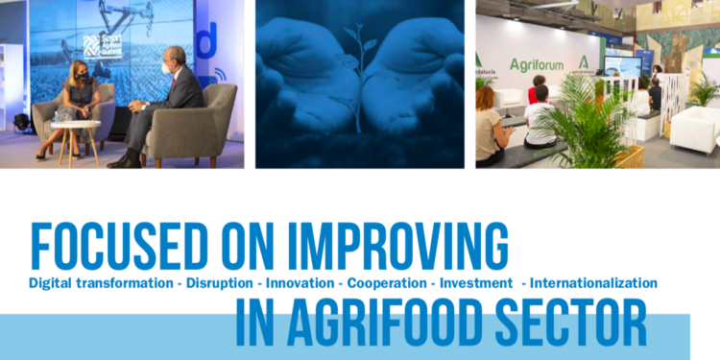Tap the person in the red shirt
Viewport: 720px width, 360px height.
click(x=535, y=91)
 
